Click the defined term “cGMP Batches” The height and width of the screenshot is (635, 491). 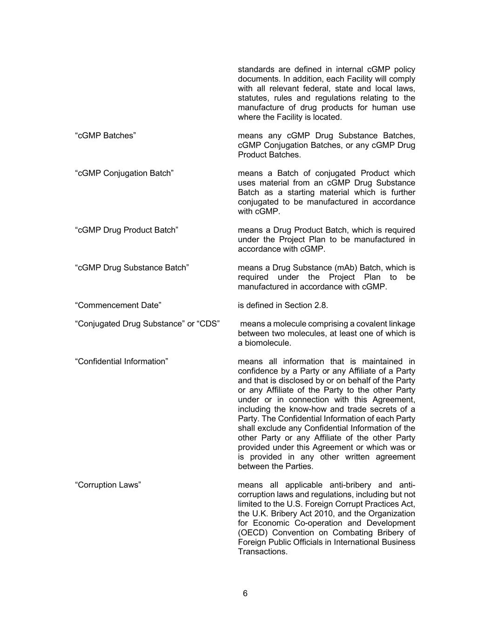pyautogui.click(x=105, y=135)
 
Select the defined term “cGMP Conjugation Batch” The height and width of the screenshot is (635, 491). pyautogui.click(x=124, y=173)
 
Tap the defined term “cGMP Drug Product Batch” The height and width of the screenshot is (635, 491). pyautogui.click(x=127, y=230)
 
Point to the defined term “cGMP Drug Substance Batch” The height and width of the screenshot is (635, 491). pyautogui.click(x=132, y=267)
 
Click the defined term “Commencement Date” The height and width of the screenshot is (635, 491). pyautogui.click(x=118, y=305)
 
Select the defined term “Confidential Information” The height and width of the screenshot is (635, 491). pyautogui.click(x=121, y=361)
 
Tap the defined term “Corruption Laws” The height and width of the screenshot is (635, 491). pyautogui.click(x=108, y=485)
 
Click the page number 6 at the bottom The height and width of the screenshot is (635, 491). pyautogui.click(x=245, y=594)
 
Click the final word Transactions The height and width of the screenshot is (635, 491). pyautogui.click(x=262, y=552)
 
